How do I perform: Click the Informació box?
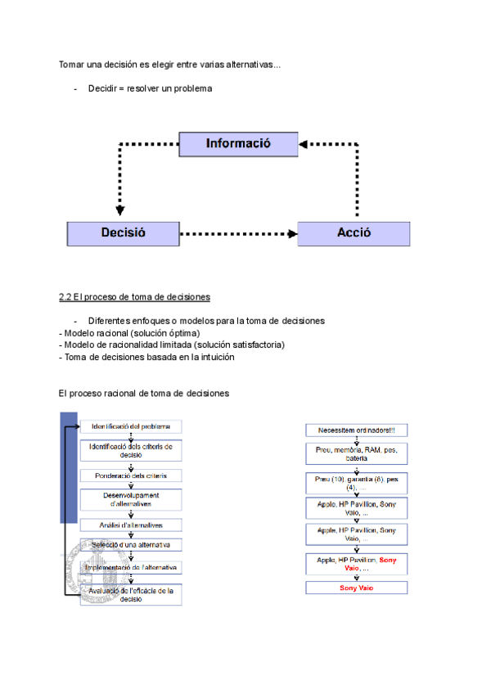pyautogui.click(x=237, y=144)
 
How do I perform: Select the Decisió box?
pyautogui.click(x=123, y=233)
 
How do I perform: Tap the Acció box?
pyautogui.click(x=354, y=233)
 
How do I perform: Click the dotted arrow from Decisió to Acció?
pyautogui.click(x=237, y=234)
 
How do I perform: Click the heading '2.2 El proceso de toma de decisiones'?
pyautogui.click(x=134, y=296)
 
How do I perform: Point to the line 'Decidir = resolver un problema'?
pyautogui.click(x=150, y=88)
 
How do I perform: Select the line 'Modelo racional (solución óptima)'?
pyautogui.click(x=131, y=333)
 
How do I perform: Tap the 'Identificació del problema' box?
pyautogui.click(x=131, y=426)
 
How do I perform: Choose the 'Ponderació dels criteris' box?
pyautogui.click(x=131, y=475)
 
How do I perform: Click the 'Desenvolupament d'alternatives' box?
pyautogui.click(x=131, y=499)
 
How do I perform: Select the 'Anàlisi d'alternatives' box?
pyautogui.click(x=131, y=525)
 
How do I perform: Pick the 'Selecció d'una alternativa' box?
pyautogui.click(x=131, y=545)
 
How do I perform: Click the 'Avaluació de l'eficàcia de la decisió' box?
pyautogui.click(x=131, y=594)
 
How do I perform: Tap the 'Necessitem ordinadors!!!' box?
pyautogui.click(x=356, y=430)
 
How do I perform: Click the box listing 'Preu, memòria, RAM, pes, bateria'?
pyautogui.click(x=356, y=454)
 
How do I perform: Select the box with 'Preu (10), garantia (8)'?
pyautogui.click(x=356, y=482)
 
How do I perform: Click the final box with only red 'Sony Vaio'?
pyautogui.click(x=356, y=588)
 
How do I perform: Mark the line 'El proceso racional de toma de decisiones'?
pyautogui.click(x=144, y=394)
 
